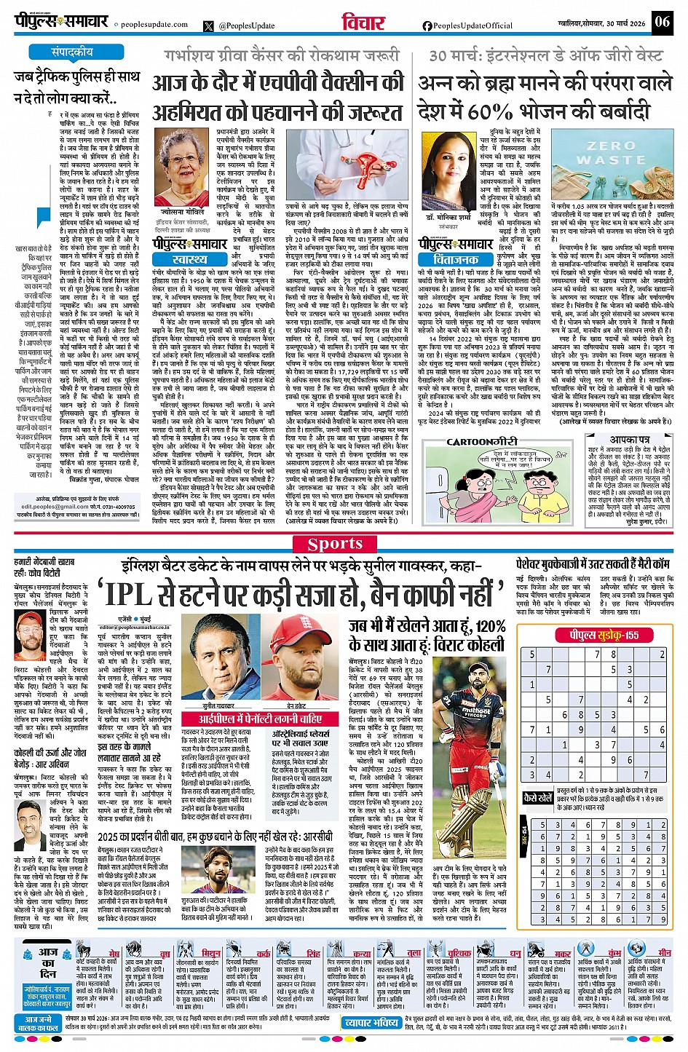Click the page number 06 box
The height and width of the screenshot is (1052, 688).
click(662, 21)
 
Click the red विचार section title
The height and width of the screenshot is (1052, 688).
click(363, 23)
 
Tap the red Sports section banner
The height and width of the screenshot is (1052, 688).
click(334, 544)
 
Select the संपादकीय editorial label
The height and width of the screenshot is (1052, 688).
click(72, 52)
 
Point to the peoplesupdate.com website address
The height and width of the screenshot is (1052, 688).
click(154, 25)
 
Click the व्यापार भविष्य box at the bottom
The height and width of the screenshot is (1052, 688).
click(371, 1023)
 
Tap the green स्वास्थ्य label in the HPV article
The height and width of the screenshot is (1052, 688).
click(190, 258)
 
